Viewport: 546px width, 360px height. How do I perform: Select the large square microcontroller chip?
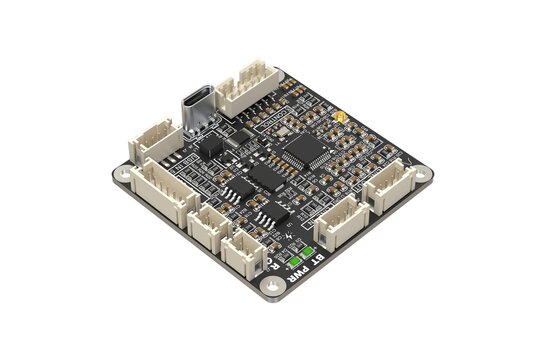[x=299, y=153]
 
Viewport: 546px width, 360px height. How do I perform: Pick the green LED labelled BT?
[x=310, y=250]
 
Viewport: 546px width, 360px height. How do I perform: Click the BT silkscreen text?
[x=319, y=261]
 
